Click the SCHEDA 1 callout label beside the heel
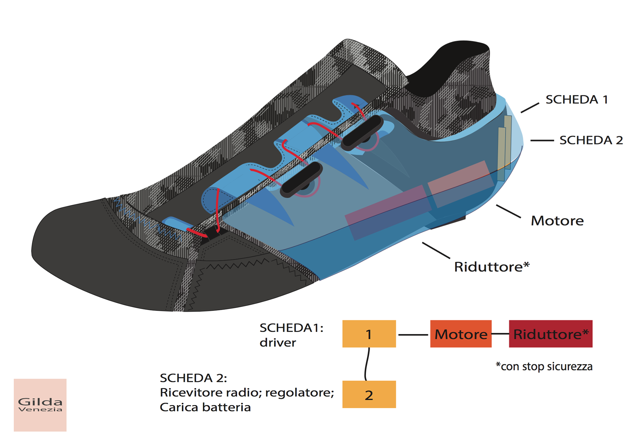[576, 100]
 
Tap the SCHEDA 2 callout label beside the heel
[591, 140]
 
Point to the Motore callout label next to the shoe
[557, 221]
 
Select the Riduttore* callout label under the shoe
[491, 267]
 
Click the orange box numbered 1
[369, 334]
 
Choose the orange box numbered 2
[369, 394]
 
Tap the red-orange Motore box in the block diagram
[461, 334]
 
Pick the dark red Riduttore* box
[550, 334]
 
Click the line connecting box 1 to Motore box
[413, 335]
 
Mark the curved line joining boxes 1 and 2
[366, 364]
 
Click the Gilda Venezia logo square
[40, 405]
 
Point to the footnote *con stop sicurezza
[544, 366]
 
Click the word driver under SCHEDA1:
[278, 343]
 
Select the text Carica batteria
[205, 407]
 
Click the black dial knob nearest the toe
[302, 179]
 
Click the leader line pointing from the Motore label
[508, 211]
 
